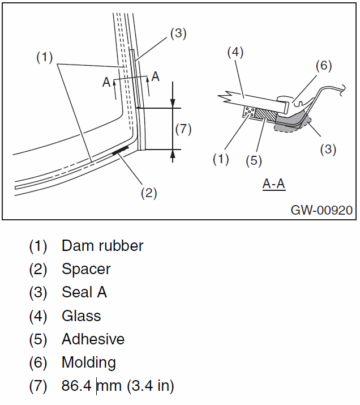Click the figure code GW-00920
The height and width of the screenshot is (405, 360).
[x=322, y=210]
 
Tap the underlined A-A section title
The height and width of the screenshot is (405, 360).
[x=273, y=184]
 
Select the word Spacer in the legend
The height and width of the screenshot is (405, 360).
[x=86, y=269]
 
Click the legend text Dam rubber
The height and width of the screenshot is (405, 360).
[x=102, y=246]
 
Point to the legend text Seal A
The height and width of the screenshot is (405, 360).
[x=84, y=292]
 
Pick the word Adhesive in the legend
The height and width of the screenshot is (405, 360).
[x=93, y=339]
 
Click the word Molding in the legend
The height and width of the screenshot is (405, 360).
[x=89, y=363]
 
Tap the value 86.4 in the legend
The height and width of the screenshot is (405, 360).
[x=78, y=386]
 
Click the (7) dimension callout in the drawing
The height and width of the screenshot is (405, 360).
[x=183, y=129]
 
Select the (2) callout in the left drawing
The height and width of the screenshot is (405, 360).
[x=148, y=193]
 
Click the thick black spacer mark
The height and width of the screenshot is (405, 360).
[x=121, y=150]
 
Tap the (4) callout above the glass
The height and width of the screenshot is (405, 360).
[x=235, y=52]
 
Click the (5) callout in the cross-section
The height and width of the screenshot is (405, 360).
[x=254, y=160]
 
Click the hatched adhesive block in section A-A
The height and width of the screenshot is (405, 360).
[x=265, y=116]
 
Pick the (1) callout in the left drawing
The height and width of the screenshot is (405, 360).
[x=45, y=57]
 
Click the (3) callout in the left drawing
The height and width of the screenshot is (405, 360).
[x=178, y=33]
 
